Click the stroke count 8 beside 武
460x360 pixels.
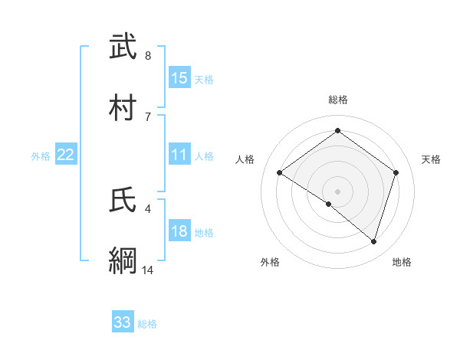[x=148, y=55]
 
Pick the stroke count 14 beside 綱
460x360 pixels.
[x=148, y=270]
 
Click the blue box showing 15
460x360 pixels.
[x=179, y=77]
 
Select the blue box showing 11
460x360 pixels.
[x=179, y=155]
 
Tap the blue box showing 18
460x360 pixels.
[x=179, y=231]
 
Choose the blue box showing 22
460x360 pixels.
[x=66, y=155]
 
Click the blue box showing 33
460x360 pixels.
[x=123, y=322]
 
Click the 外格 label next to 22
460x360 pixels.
[x=41, y=155]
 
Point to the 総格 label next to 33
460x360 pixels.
[x=147, y=324]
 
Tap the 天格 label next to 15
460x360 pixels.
[x=204, y=79]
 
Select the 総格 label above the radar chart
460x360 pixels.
[x=337, y=100]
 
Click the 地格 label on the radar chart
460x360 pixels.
[x=402, y=262]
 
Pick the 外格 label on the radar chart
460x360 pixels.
[x=270, y=262]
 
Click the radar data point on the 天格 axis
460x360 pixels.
[x=396, y=172]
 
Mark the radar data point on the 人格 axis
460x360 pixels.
[x=279, y=172]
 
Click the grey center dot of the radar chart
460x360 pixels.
[x=337, y=191]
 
